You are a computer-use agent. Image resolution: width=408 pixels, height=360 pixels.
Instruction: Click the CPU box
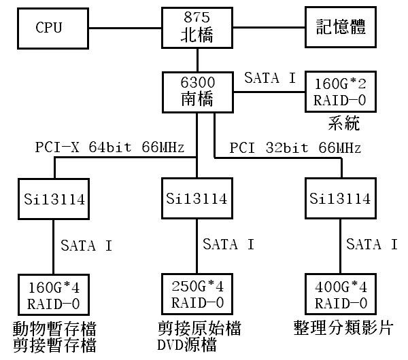[49, 29]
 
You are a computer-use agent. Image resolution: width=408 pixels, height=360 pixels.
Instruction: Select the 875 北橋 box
[197, 27]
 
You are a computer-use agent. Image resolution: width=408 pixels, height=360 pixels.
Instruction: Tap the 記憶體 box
[340, 27]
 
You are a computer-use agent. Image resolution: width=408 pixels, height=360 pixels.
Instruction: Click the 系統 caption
[339, 124]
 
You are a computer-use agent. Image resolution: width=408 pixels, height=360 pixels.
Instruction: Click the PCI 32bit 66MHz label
[295, 147]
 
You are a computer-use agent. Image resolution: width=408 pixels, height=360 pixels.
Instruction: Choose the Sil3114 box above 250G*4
[197, 199]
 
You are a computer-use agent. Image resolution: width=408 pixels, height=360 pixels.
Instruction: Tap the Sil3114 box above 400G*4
[339, 199]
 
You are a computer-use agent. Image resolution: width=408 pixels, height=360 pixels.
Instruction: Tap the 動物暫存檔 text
[54, 328]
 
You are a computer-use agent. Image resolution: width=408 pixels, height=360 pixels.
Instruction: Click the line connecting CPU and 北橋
[124, 29]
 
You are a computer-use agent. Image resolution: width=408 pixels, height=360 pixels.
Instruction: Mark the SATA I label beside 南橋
[270, 77]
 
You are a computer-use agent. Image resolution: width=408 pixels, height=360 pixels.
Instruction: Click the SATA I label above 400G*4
[371, 244]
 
